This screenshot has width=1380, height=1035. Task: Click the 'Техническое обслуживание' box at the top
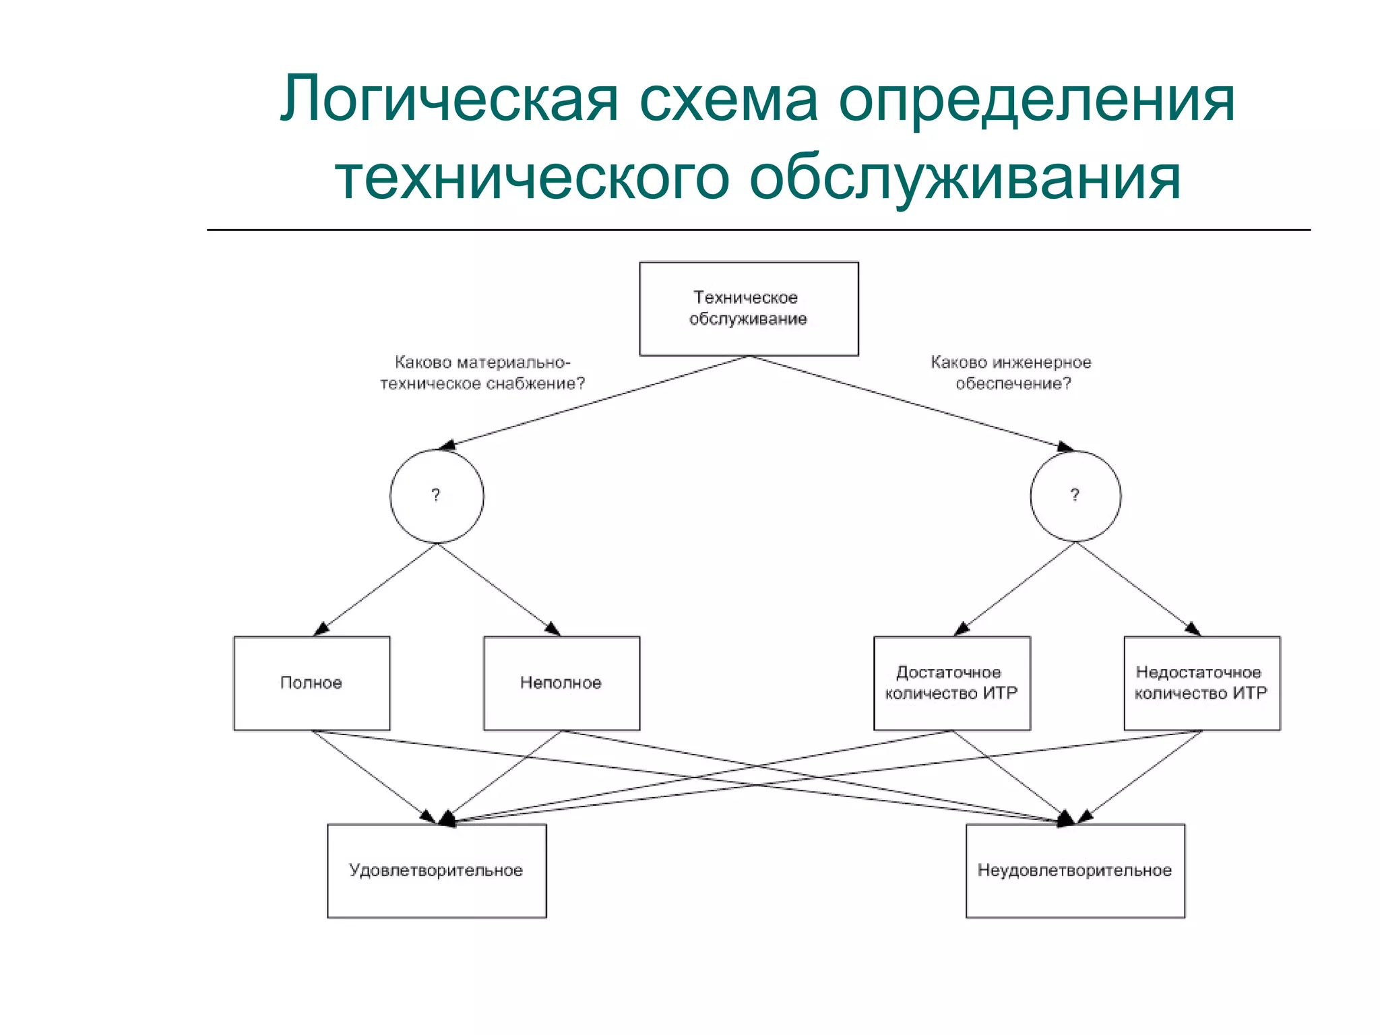pos(749,309)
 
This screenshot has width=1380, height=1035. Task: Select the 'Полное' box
pos(311,683)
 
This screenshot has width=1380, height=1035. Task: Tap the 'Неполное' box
pos(561,683)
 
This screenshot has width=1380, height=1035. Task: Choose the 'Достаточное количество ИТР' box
pos(951,683)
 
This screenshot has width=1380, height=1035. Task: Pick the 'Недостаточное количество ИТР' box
pos(1201,683)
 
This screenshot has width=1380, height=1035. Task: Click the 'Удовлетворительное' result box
pos(437,871)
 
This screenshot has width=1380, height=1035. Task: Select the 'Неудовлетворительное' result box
pos(1075,871)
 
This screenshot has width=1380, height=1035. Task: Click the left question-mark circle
pos(437,496)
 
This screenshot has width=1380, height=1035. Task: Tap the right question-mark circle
pos(1075,496)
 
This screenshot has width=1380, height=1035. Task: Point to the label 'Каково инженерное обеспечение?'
pos(1011,373)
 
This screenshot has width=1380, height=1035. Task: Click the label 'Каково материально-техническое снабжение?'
pos(482,373)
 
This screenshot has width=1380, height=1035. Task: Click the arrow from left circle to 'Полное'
pos(376,590)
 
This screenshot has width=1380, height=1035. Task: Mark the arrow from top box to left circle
pos(593,402)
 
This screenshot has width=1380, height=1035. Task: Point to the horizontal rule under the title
pos(758,230)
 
